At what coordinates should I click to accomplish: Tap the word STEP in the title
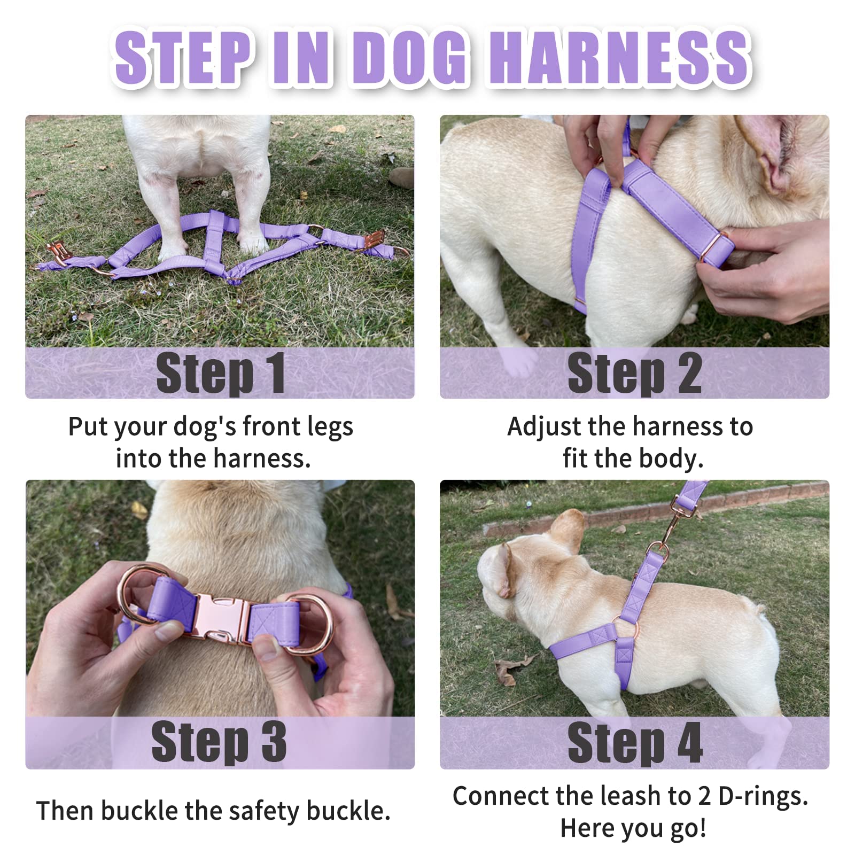182,57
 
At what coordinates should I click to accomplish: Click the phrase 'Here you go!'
633,829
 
